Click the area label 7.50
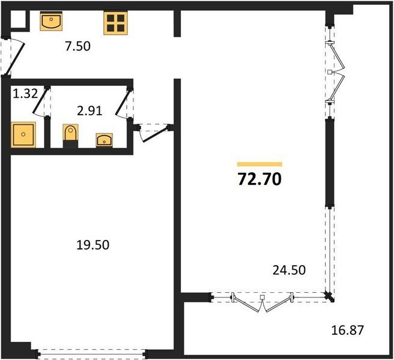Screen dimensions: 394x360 tap(77, 46)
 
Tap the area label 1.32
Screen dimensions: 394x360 tap(25, 94)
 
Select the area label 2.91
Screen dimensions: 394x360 tap(89, 111)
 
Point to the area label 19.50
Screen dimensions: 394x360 tap(92, 245)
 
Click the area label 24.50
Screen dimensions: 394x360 tap(289, 270)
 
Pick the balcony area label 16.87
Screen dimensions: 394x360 tap(348, 330)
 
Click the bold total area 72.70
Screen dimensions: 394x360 tap(259, 179)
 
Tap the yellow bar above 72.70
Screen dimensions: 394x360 tap(259, 164)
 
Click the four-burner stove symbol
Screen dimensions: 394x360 tap(115, 23)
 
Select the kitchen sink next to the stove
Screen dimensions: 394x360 tap(51, 21)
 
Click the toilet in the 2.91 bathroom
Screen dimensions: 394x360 tap(70, 136)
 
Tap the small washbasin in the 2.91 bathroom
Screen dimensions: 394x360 tap(105, 140)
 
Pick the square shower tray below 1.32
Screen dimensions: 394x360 tap(23, 134)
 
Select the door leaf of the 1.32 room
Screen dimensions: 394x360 tap(40, 101)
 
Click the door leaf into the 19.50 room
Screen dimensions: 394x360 tap(155, 135)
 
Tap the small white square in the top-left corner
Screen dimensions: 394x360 tap(18, 19)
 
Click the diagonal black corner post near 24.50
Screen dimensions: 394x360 tap(329, 297)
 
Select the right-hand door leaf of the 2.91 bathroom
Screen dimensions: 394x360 tap(123, 103)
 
